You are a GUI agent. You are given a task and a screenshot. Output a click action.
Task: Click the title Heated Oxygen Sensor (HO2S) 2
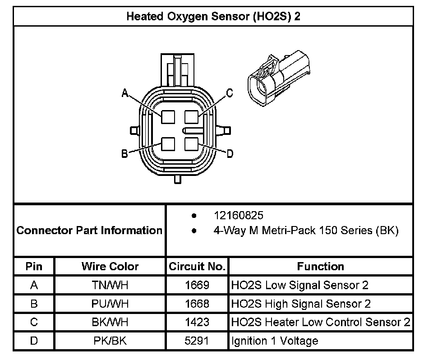tap(213, 17)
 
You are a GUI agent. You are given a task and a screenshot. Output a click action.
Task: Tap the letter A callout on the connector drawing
tap(125, 93)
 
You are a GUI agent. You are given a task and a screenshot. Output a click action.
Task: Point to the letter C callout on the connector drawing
tap(230, 93)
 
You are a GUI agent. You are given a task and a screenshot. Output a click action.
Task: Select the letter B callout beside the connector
tap(125, 154)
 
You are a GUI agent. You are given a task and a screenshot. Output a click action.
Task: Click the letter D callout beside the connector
tap(230, 154)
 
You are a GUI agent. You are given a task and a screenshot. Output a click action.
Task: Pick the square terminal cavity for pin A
tap(168, 117)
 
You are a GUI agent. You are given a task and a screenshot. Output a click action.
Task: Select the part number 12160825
tap(239, 216)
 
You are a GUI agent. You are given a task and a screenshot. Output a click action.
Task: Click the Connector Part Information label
tap(89, 231)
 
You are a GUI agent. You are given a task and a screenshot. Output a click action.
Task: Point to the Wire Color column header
tap(110, 266)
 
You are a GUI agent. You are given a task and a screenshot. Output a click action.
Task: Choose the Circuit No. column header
tap(197, 266)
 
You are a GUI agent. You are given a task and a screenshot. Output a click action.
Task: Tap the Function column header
tap(320, 266)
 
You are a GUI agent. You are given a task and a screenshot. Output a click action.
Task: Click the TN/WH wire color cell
tap(110, 285)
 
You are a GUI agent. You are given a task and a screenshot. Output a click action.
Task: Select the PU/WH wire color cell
tap(110, 304)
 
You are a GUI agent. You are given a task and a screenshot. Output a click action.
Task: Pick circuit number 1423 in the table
tap(197, 322)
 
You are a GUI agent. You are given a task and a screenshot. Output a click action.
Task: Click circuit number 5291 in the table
tap(197, 341)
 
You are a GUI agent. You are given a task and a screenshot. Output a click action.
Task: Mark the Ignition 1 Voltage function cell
tap(275, 341)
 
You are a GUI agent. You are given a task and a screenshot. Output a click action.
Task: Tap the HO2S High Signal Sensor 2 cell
tap(301, 304)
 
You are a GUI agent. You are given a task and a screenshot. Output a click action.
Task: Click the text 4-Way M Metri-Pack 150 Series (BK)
tap(306, 231)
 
